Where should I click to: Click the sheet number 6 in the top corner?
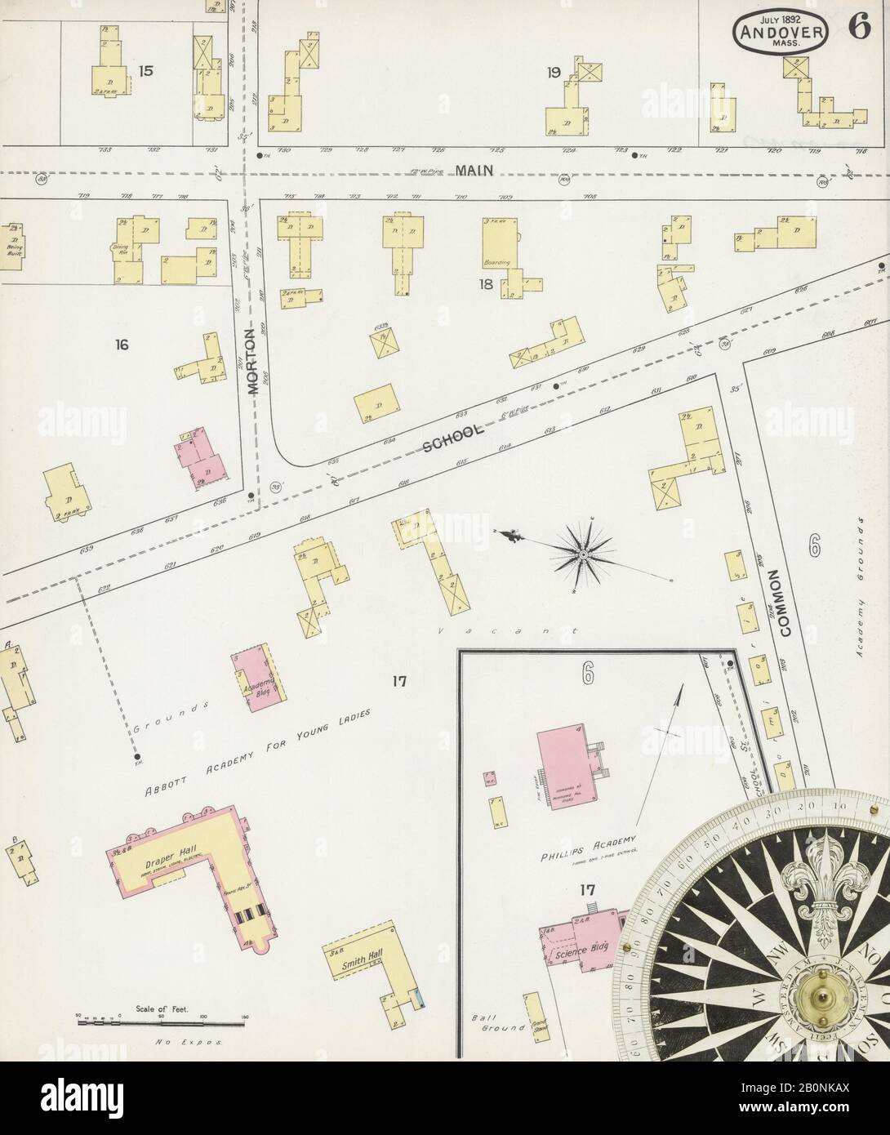tap(857, 26)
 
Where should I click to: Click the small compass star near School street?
tap(585, 554)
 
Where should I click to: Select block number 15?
tap(145, 71)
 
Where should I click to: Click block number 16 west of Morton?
tap(122, 345)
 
